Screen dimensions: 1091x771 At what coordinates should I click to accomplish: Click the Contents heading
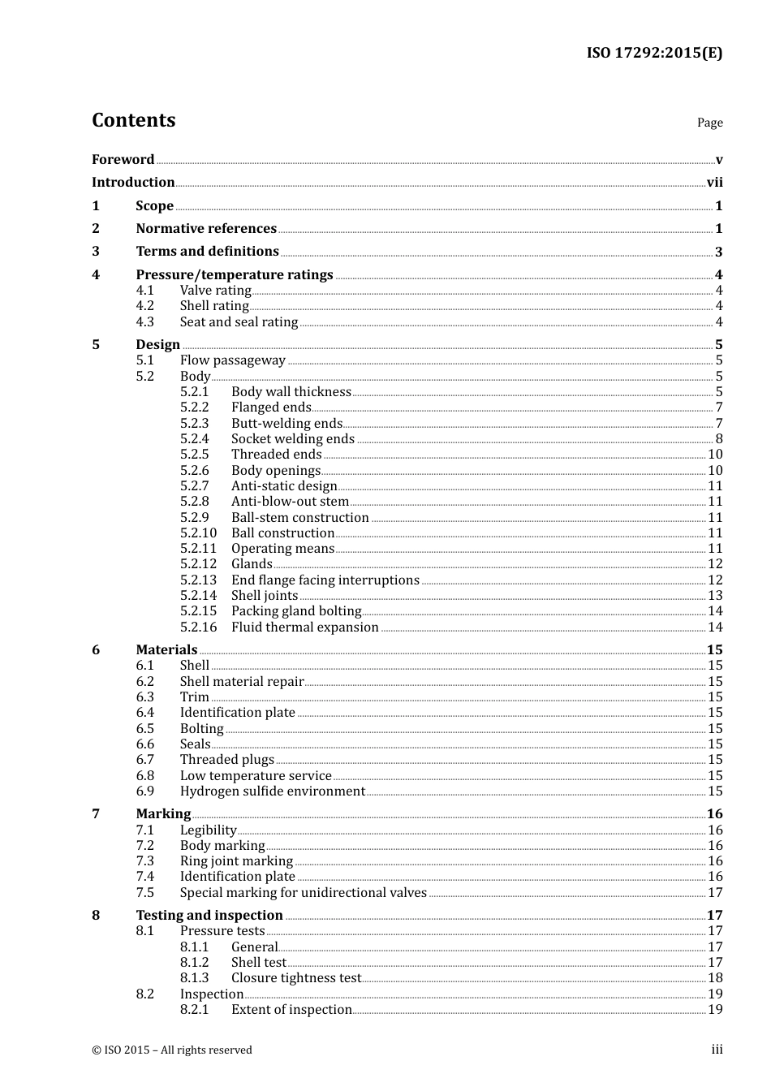(133, 120)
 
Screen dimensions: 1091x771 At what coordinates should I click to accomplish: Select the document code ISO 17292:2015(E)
(654, 54)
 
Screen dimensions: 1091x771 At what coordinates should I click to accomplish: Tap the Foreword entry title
(123, 160)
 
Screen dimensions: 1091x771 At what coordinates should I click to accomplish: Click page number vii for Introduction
(714, 183)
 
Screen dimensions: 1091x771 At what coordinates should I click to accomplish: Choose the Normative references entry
(206, 229)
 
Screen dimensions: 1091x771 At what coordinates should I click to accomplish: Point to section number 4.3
(145, 322)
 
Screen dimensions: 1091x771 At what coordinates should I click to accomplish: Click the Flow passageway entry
(233, 360)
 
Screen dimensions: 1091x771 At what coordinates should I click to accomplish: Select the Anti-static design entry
(284, 486)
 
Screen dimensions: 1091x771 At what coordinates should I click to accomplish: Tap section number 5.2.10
(199, 533)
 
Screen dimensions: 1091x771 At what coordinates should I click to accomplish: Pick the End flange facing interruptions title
(325, 580)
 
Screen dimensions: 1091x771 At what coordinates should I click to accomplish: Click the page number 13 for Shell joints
(715, 596)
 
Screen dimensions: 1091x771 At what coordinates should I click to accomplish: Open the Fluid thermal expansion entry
(305, 627)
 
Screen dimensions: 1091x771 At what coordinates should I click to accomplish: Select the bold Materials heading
(166, 650)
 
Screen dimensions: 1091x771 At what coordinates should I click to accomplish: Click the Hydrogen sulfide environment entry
(273, 791)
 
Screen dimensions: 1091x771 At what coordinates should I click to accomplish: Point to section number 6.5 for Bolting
(145, 729)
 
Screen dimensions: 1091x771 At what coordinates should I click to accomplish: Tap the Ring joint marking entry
(236, 861)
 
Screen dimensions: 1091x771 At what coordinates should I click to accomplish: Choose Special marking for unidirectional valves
(304, 893)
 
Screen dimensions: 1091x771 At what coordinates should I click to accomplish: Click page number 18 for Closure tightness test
(715, 978)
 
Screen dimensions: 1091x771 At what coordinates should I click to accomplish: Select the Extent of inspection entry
(291, 1010)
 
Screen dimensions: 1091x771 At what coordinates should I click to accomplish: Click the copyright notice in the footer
(172, 1050)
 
